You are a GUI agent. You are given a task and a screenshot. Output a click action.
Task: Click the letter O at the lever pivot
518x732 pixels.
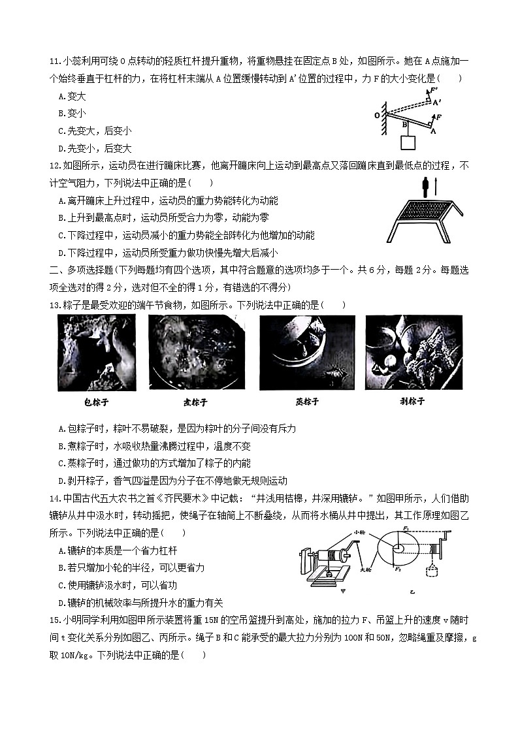[x=377, y=115]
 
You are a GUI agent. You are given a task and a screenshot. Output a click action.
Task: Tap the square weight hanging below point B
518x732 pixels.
[x=407, y=142]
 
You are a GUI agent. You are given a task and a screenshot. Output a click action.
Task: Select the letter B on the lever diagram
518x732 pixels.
[x=404, y=122]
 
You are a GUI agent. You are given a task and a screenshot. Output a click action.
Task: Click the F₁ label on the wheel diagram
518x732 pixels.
[x=406, y=528]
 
